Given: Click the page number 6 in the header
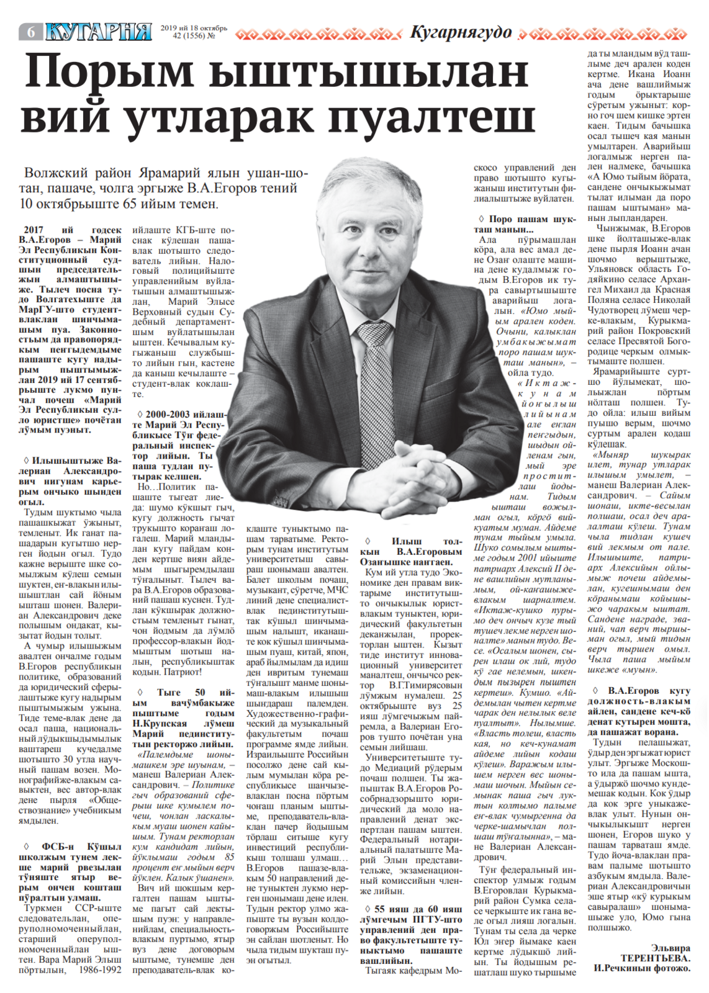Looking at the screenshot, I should (x=30, y=32).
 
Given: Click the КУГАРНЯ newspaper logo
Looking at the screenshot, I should (x=99, y=31).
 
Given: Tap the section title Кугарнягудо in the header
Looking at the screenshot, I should (x=461, y=32).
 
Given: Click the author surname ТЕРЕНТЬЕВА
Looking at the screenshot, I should (x=655, y=958).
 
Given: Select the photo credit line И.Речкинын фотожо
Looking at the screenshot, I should (x=641, y=968).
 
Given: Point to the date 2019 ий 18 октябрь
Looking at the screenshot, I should (x=194, y=28).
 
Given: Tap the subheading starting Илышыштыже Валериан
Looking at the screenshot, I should (x=71, y=481).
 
